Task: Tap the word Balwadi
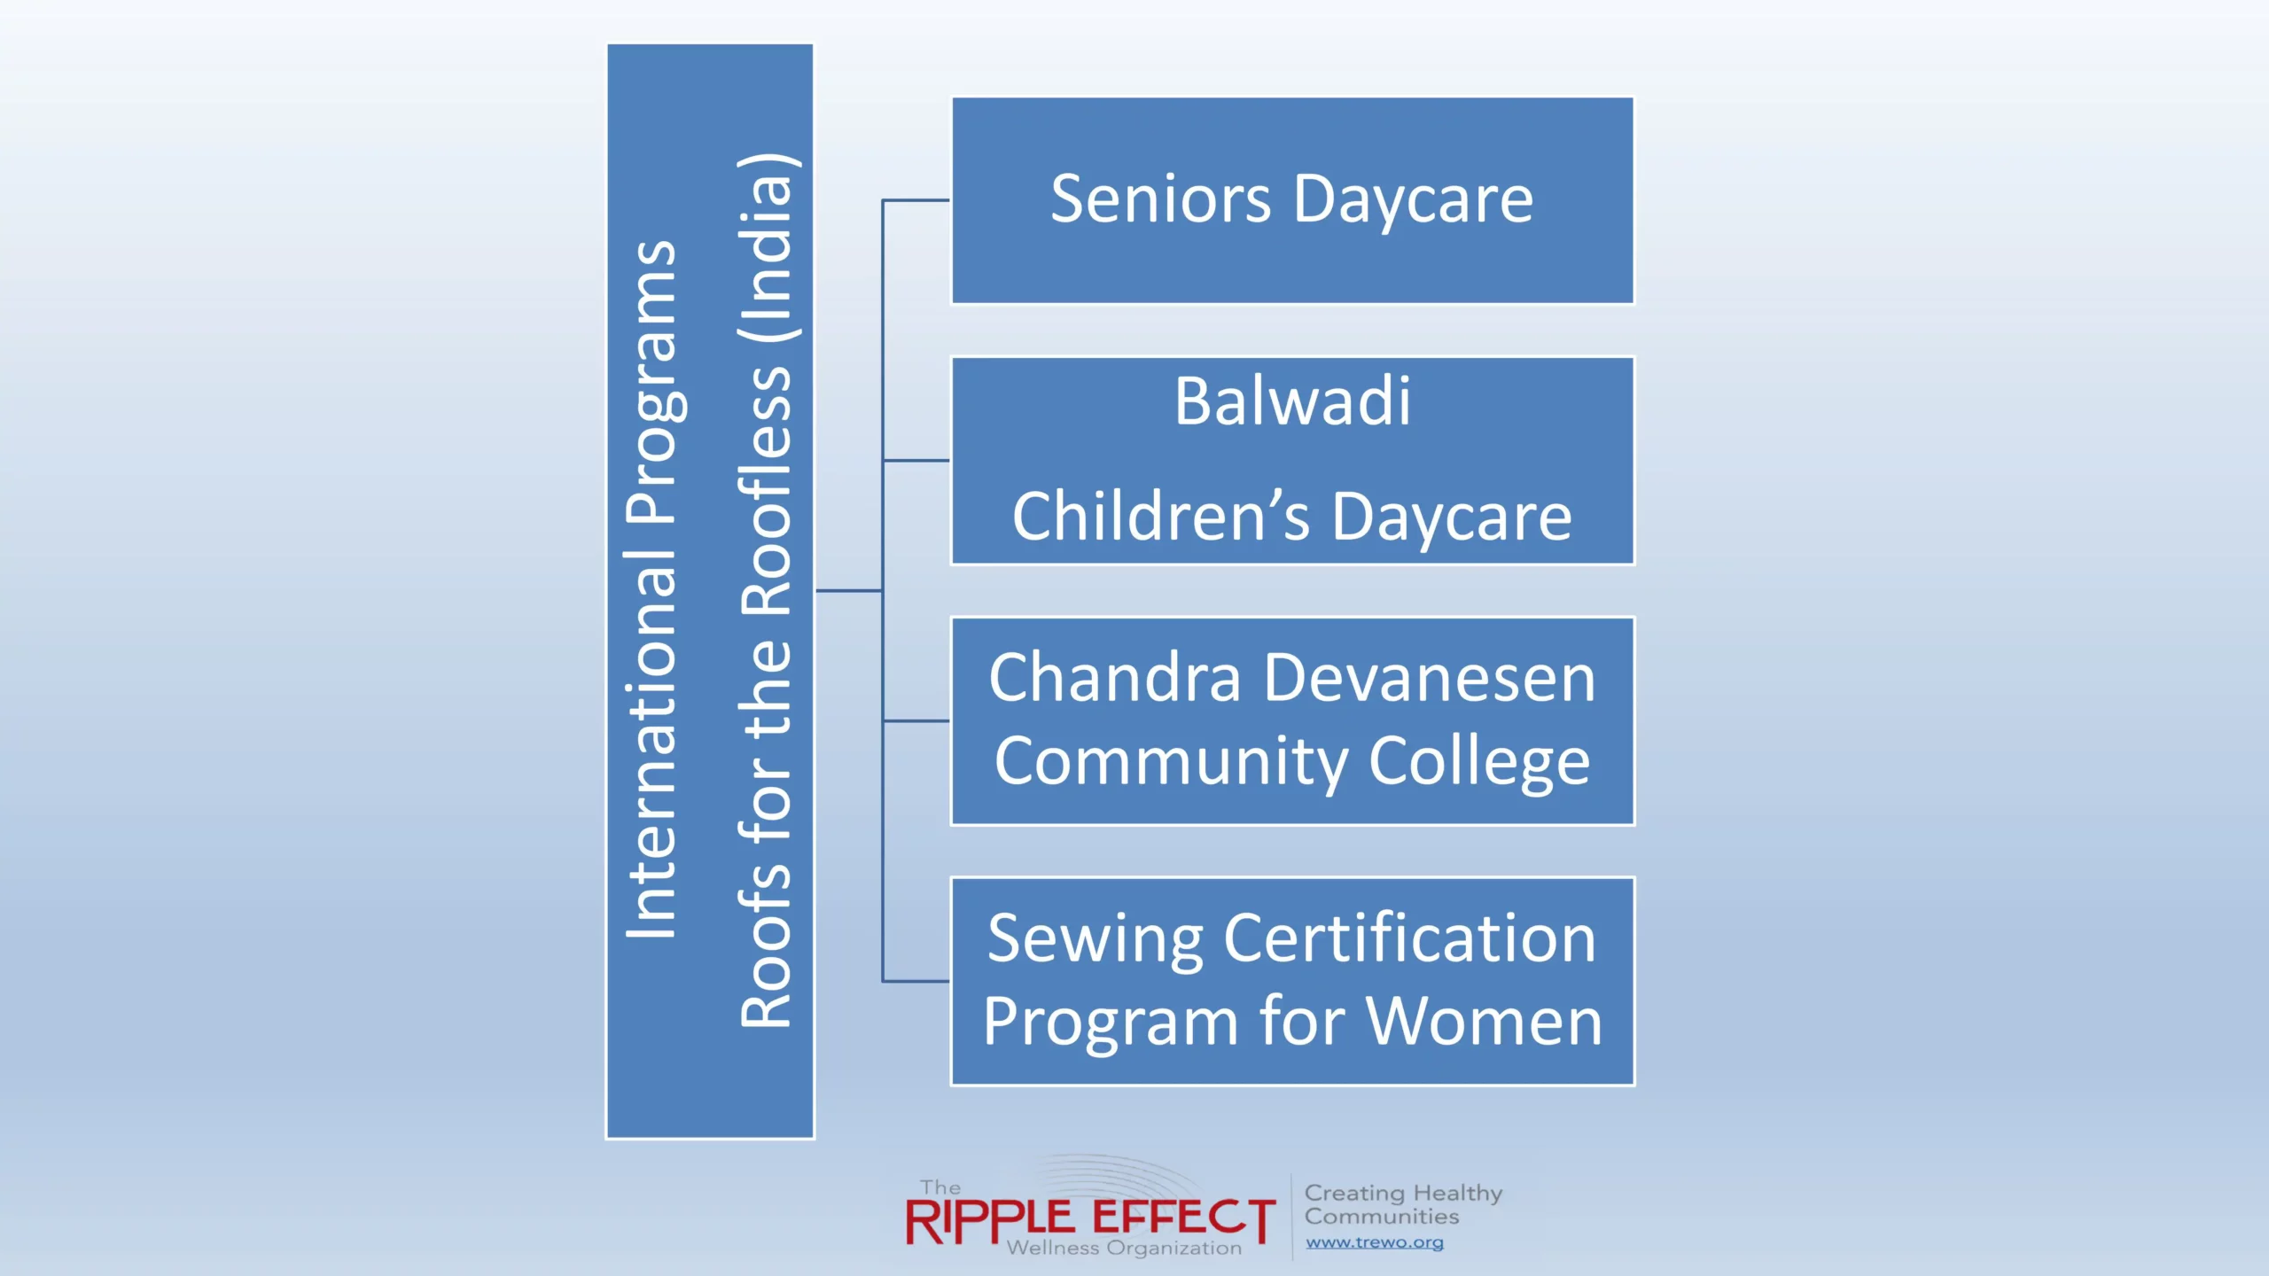point(1292,401)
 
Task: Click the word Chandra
point(1115,678)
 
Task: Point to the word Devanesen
point(1430,678)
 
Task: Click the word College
point(1479,762)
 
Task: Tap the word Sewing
point(1095,939)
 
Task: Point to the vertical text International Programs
point(652,589)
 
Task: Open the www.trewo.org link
point(1375,1242)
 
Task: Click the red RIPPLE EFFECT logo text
point(1090,1221)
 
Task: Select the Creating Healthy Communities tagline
point(1403,1205)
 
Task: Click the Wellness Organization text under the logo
point(1124,1248)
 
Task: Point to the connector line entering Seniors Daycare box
point(916,200)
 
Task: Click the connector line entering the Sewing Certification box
point(916,981)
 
